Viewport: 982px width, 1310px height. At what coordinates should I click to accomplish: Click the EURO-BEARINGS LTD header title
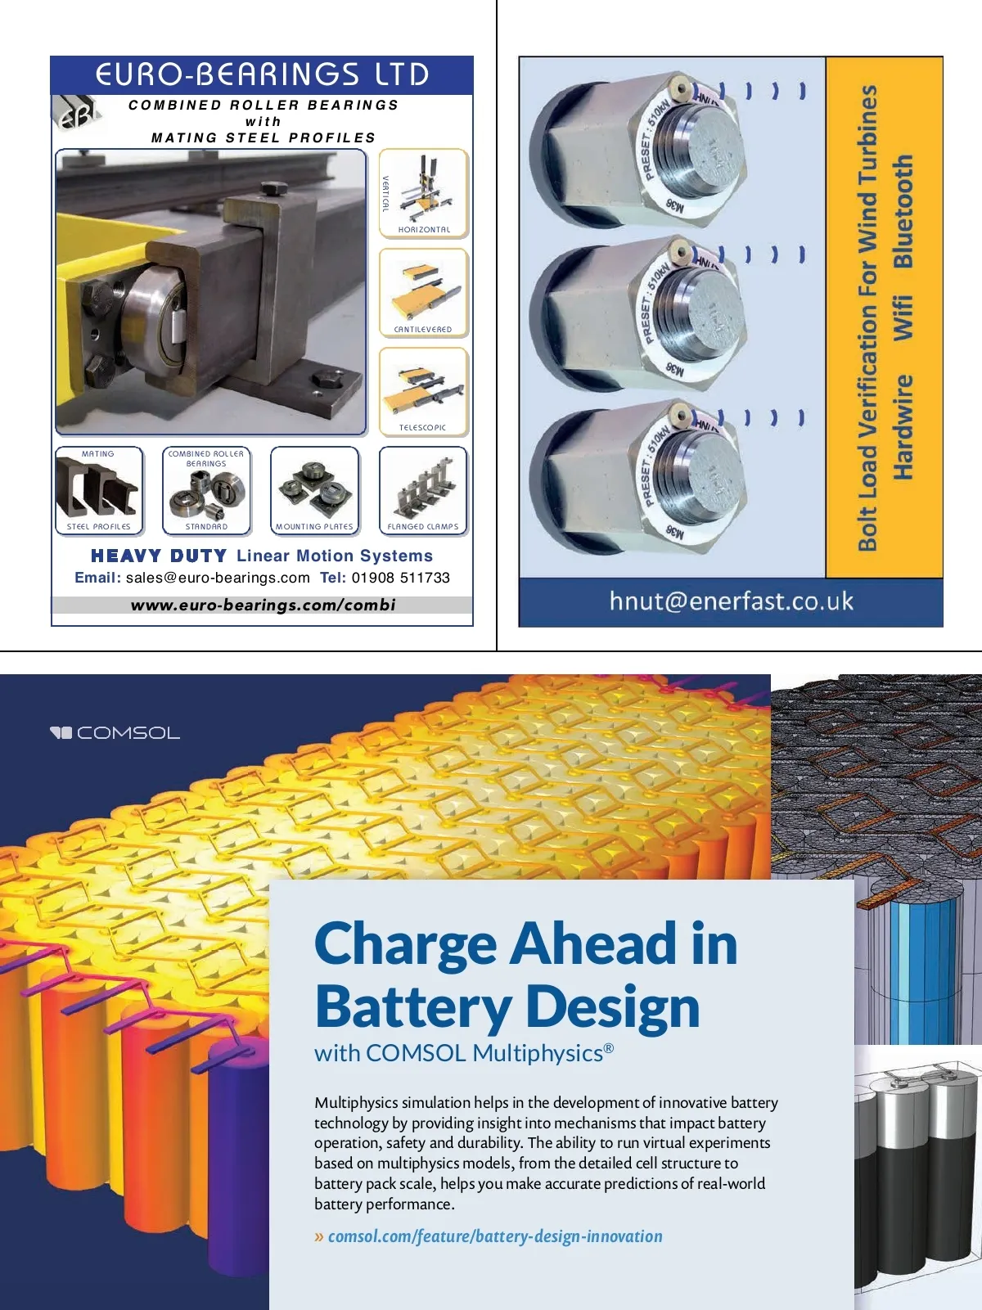(x=262, y=74)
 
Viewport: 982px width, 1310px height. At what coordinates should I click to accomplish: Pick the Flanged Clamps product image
(x=423, y=489)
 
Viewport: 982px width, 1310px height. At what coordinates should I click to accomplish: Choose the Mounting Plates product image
(x=315, y=489)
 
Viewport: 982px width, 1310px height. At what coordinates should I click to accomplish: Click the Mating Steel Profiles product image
(x=98, y=489)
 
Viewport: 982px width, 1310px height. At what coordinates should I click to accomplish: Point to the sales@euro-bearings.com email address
(x=218, y=578)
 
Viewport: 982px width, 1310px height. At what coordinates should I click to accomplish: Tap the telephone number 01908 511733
(x=401, y=578)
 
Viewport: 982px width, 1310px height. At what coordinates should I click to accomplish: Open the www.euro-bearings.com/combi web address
(x=263, y=605)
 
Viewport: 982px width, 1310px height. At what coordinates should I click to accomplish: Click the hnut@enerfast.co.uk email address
(x=731, y=601)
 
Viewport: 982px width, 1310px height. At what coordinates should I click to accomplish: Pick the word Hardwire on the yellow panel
(x=903, y=427)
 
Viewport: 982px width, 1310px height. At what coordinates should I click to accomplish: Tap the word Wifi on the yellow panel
(x=903, y=317)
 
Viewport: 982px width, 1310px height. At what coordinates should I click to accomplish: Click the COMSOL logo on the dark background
(x=115, y=732)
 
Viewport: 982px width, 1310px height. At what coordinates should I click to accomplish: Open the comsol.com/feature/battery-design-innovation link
(x=495, y=1236)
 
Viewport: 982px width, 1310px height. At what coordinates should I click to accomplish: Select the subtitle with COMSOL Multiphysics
(x=463, y=1053)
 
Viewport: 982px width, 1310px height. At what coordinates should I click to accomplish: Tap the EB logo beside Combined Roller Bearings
(x=76, y=114)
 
